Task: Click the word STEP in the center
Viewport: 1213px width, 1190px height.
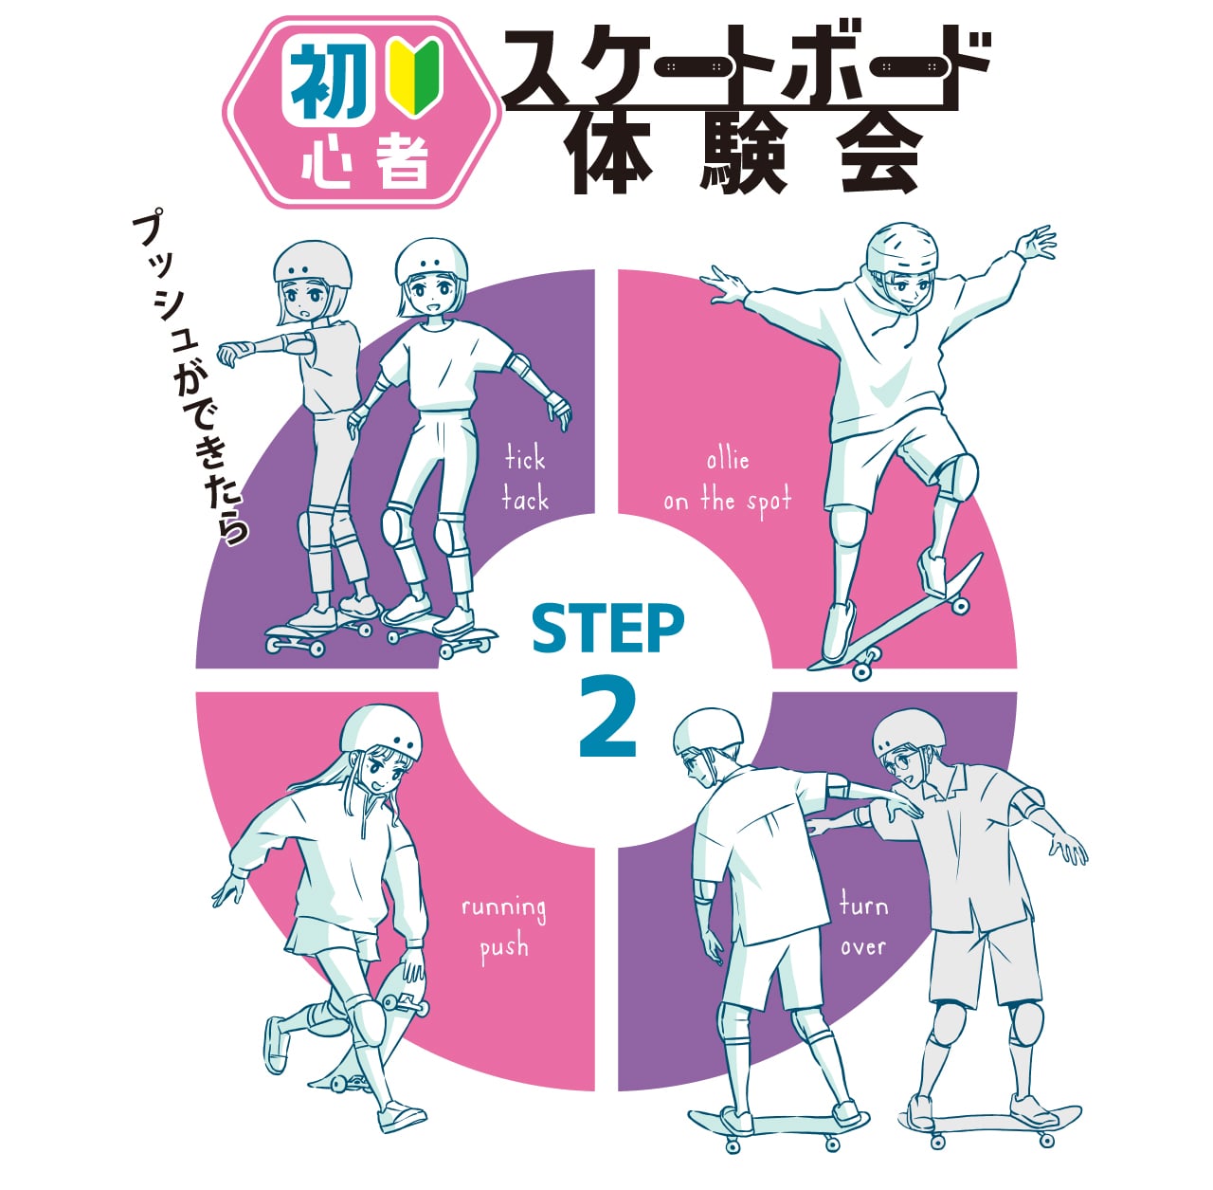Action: (607, 629)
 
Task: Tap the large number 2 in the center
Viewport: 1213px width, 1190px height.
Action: (607, 718)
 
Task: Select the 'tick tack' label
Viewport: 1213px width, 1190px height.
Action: (525, 480)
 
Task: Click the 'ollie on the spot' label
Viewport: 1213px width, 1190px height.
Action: (727, 482)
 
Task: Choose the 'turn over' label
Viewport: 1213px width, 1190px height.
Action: (863, 925)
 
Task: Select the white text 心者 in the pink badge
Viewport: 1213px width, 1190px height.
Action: (365, 161)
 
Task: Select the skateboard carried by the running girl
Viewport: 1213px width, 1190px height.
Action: (398, 996)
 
